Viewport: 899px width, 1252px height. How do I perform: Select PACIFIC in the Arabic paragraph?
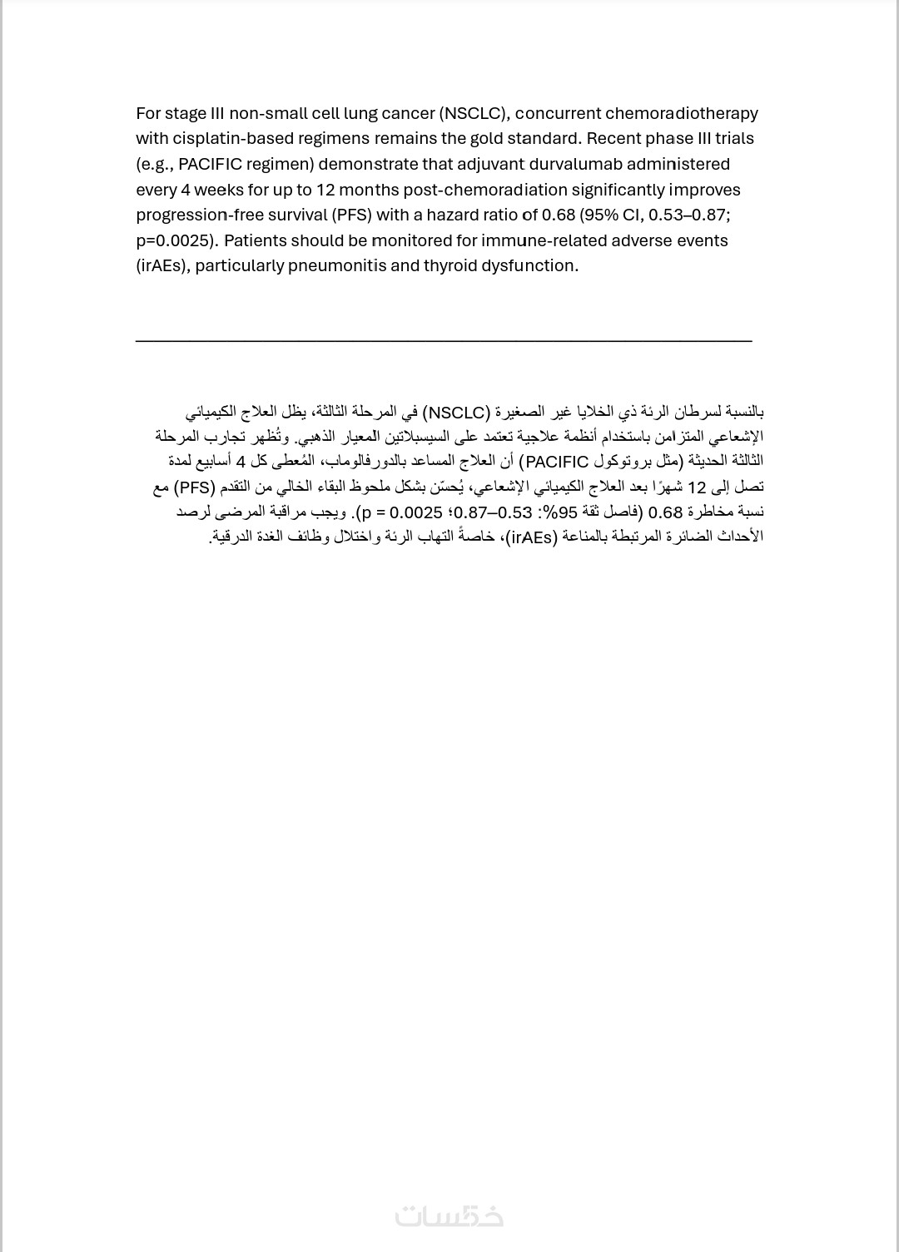coord(557,462)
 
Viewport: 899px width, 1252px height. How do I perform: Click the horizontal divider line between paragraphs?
coord(443,340)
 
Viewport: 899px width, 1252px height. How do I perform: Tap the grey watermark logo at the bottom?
coord(449,1216)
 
